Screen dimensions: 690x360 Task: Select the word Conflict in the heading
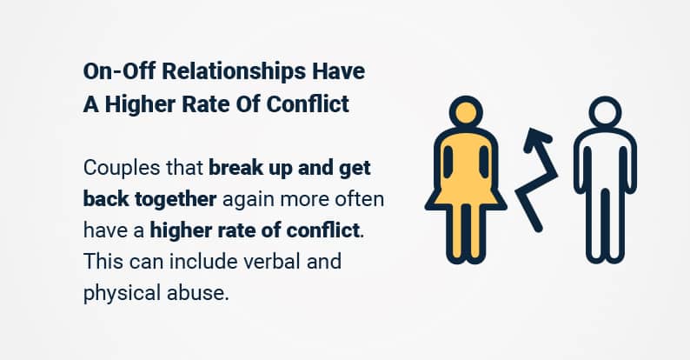[308, 104]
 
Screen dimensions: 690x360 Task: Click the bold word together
[176, 200]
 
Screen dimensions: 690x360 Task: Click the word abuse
[198, 293]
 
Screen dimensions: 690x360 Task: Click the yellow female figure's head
[466, 112]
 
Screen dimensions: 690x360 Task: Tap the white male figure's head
[605, 112]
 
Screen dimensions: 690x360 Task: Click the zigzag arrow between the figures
[544, 176]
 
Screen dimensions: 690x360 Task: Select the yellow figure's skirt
[466, 197]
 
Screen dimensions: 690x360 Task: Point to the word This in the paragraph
[102, 262]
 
